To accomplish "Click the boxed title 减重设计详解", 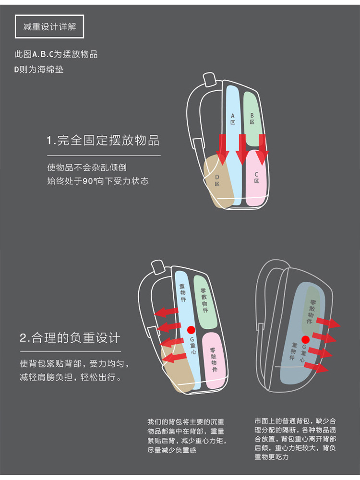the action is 49,26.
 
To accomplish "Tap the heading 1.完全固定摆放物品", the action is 103,140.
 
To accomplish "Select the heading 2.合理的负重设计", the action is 70,337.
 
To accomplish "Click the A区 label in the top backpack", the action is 233,119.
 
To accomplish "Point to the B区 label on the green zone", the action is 252,119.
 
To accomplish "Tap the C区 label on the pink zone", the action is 256,178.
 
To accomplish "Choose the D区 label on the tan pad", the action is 217,180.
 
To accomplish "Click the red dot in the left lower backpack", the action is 192,330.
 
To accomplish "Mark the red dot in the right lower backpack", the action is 305,339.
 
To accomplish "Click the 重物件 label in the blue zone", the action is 183,293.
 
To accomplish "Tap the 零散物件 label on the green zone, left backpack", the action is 204,300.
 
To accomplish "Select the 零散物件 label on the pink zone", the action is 214,360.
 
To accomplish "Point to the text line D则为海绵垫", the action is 39,70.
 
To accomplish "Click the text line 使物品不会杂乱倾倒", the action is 86,168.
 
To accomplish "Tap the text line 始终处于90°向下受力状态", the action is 97,181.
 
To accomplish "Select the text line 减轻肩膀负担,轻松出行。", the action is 71,377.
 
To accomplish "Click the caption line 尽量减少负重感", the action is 172,450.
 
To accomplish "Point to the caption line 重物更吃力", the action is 272,457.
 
